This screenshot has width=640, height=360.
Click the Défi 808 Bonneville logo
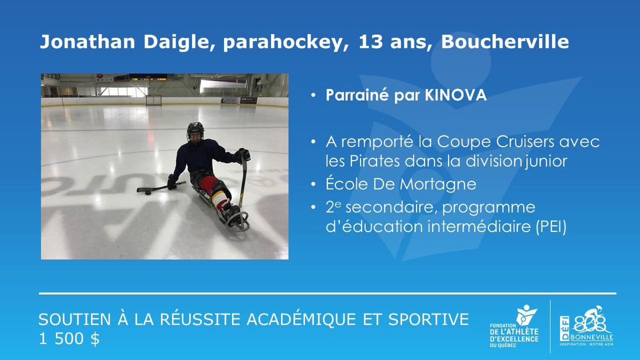coord(586,326)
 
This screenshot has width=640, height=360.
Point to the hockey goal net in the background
coord(154,99)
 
